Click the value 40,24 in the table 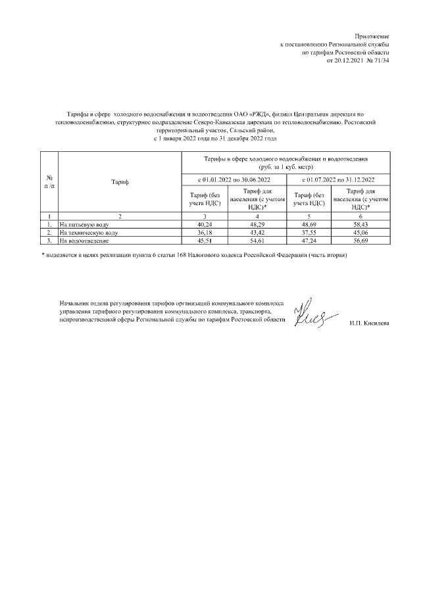pos(204,224)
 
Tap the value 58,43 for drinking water pos(360,224)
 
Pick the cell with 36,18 pos(204,233)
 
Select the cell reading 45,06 pos(360,233)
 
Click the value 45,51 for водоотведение pos(204,241)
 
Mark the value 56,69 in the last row pos(360,241)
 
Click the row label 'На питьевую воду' pos(80,224)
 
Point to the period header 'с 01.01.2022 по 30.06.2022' pos(234,179)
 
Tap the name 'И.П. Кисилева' pos(369,323)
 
